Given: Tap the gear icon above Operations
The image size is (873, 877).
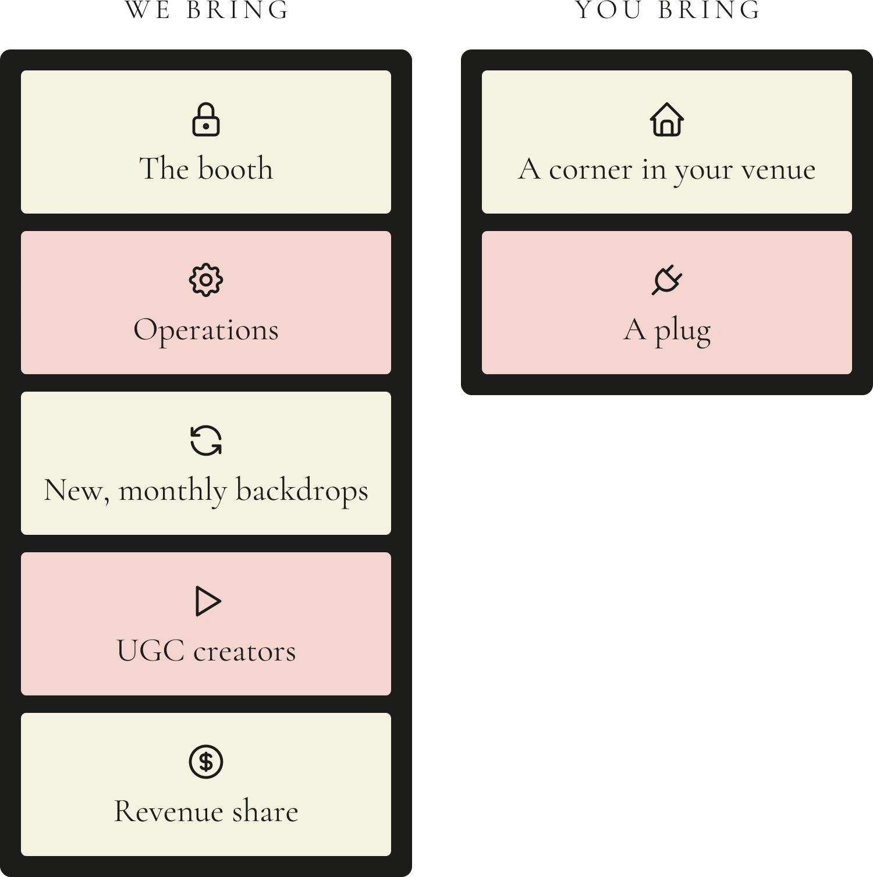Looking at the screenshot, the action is click(x=206, y=281).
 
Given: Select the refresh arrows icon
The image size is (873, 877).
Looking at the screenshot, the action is click(x=206, y=440).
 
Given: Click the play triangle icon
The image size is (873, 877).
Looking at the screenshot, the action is click(x=208, y=601).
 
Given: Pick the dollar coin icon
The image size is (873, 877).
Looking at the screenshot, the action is click(x=206, y=761).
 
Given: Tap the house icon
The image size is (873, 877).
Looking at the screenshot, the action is click(x=667, y=119).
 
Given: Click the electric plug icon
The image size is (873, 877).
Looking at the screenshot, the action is click(x=667, y=280).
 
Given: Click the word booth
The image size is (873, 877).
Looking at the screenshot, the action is click(x=235, y=169).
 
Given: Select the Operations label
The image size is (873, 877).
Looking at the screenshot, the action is click(x=206, y=331).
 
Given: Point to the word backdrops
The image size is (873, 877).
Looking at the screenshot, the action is click(x=302, y=490).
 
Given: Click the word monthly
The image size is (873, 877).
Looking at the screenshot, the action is click(x=172, y=490).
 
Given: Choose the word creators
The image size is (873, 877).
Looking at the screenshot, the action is click(x=244, y=652).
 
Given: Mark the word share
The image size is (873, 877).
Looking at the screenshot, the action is click(x=265, y=811).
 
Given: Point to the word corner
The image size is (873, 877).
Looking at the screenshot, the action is click(x=591, y=170).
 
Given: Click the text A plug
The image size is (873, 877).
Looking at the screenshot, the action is click(x=667, y=331).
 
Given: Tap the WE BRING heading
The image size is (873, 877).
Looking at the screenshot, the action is click(x=207, y=10).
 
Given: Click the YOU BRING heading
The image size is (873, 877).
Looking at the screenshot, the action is click(x=668, y=10).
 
